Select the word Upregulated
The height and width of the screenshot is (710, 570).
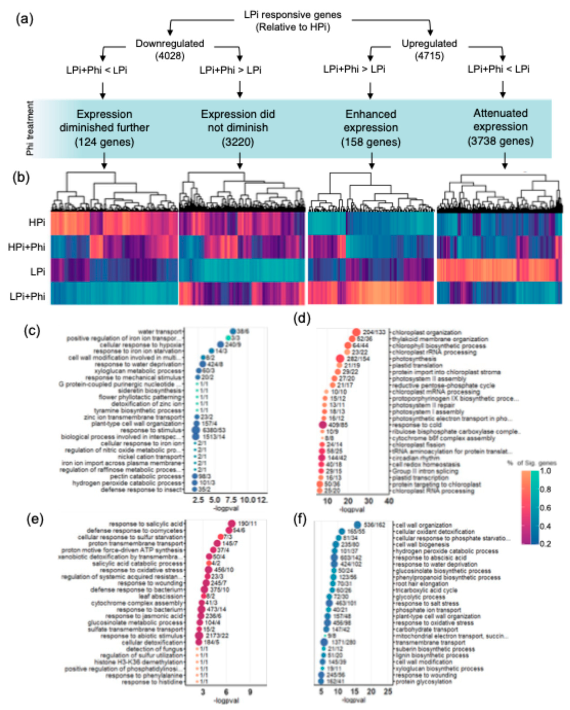(429, 43)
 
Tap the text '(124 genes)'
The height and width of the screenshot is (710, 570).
(104, 142)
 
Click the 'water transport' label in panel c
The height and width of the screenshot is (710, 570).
(160, 332)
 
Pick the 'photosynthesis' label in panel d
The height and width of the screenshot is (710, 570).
(414, 359)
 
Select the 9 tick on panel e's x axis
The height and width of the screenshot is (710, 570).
(250, 691)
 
